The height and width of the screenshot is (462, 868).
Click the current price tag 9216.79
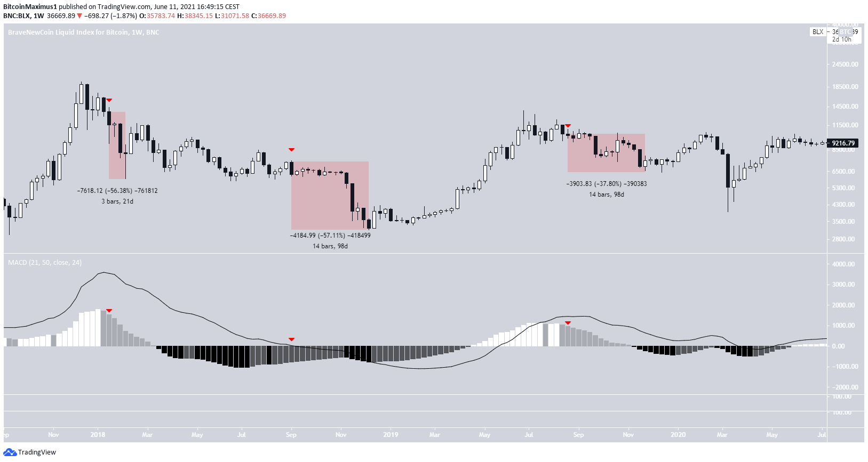point(843,143)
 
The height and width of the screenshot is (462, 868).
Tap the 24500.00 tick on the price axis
point(845,64)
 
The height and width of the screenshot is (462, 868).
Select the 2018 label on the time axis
point(98,435)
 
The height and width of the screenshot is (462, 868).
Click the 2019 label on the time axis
point(391,435)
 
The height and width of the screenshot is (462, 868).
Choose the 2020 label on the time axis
point(678,435)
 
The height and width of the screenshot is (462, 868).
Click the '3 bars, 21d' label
point(117,201)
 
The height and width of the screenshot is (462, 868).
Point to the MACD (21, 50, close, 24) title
point(45,263)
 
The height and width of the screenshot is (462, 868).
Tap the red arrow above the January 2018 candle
point(109,100)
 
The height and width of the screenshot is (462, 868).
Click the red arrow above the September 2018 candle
point(291,150)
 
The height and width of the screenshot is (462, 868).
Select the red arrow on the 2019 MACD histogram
point(568,323)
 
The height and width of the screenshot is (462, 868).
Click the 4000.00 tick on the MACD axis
point(843,264)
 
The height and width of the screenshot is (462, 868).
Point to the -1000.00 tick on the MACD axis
point(843,367)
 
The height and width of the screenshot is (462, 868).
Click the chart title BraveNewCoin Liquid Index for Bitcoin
point(83,33)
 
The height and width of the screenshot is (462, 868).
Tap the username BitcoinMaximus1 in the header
point(30,7)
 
